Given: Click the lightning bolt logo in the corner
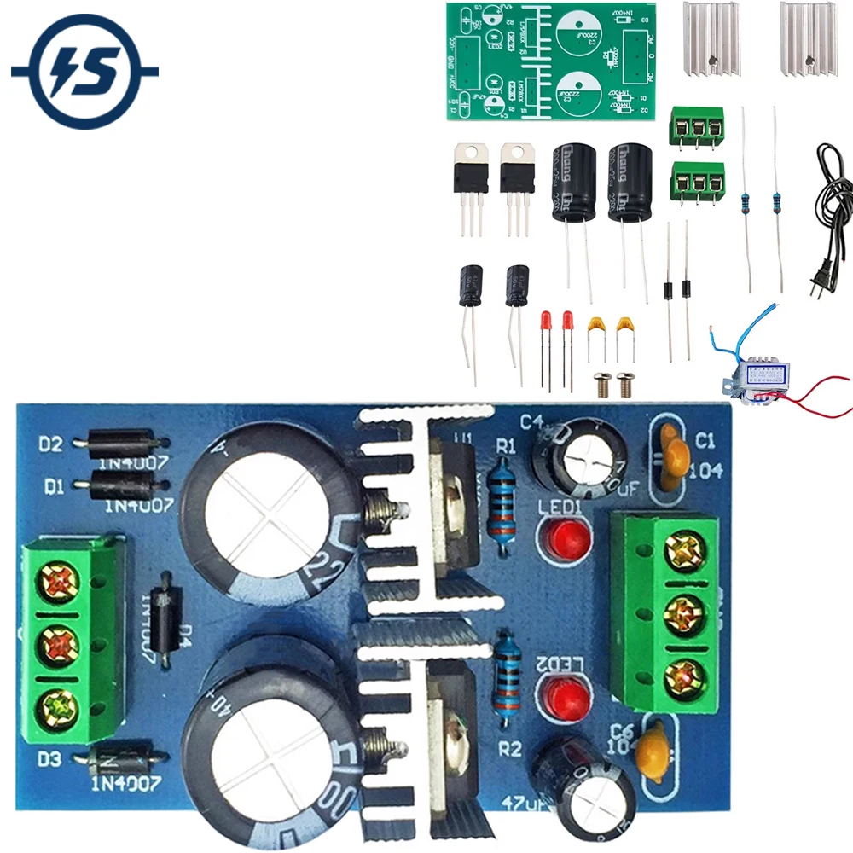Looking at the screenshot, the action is point(84,74).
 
